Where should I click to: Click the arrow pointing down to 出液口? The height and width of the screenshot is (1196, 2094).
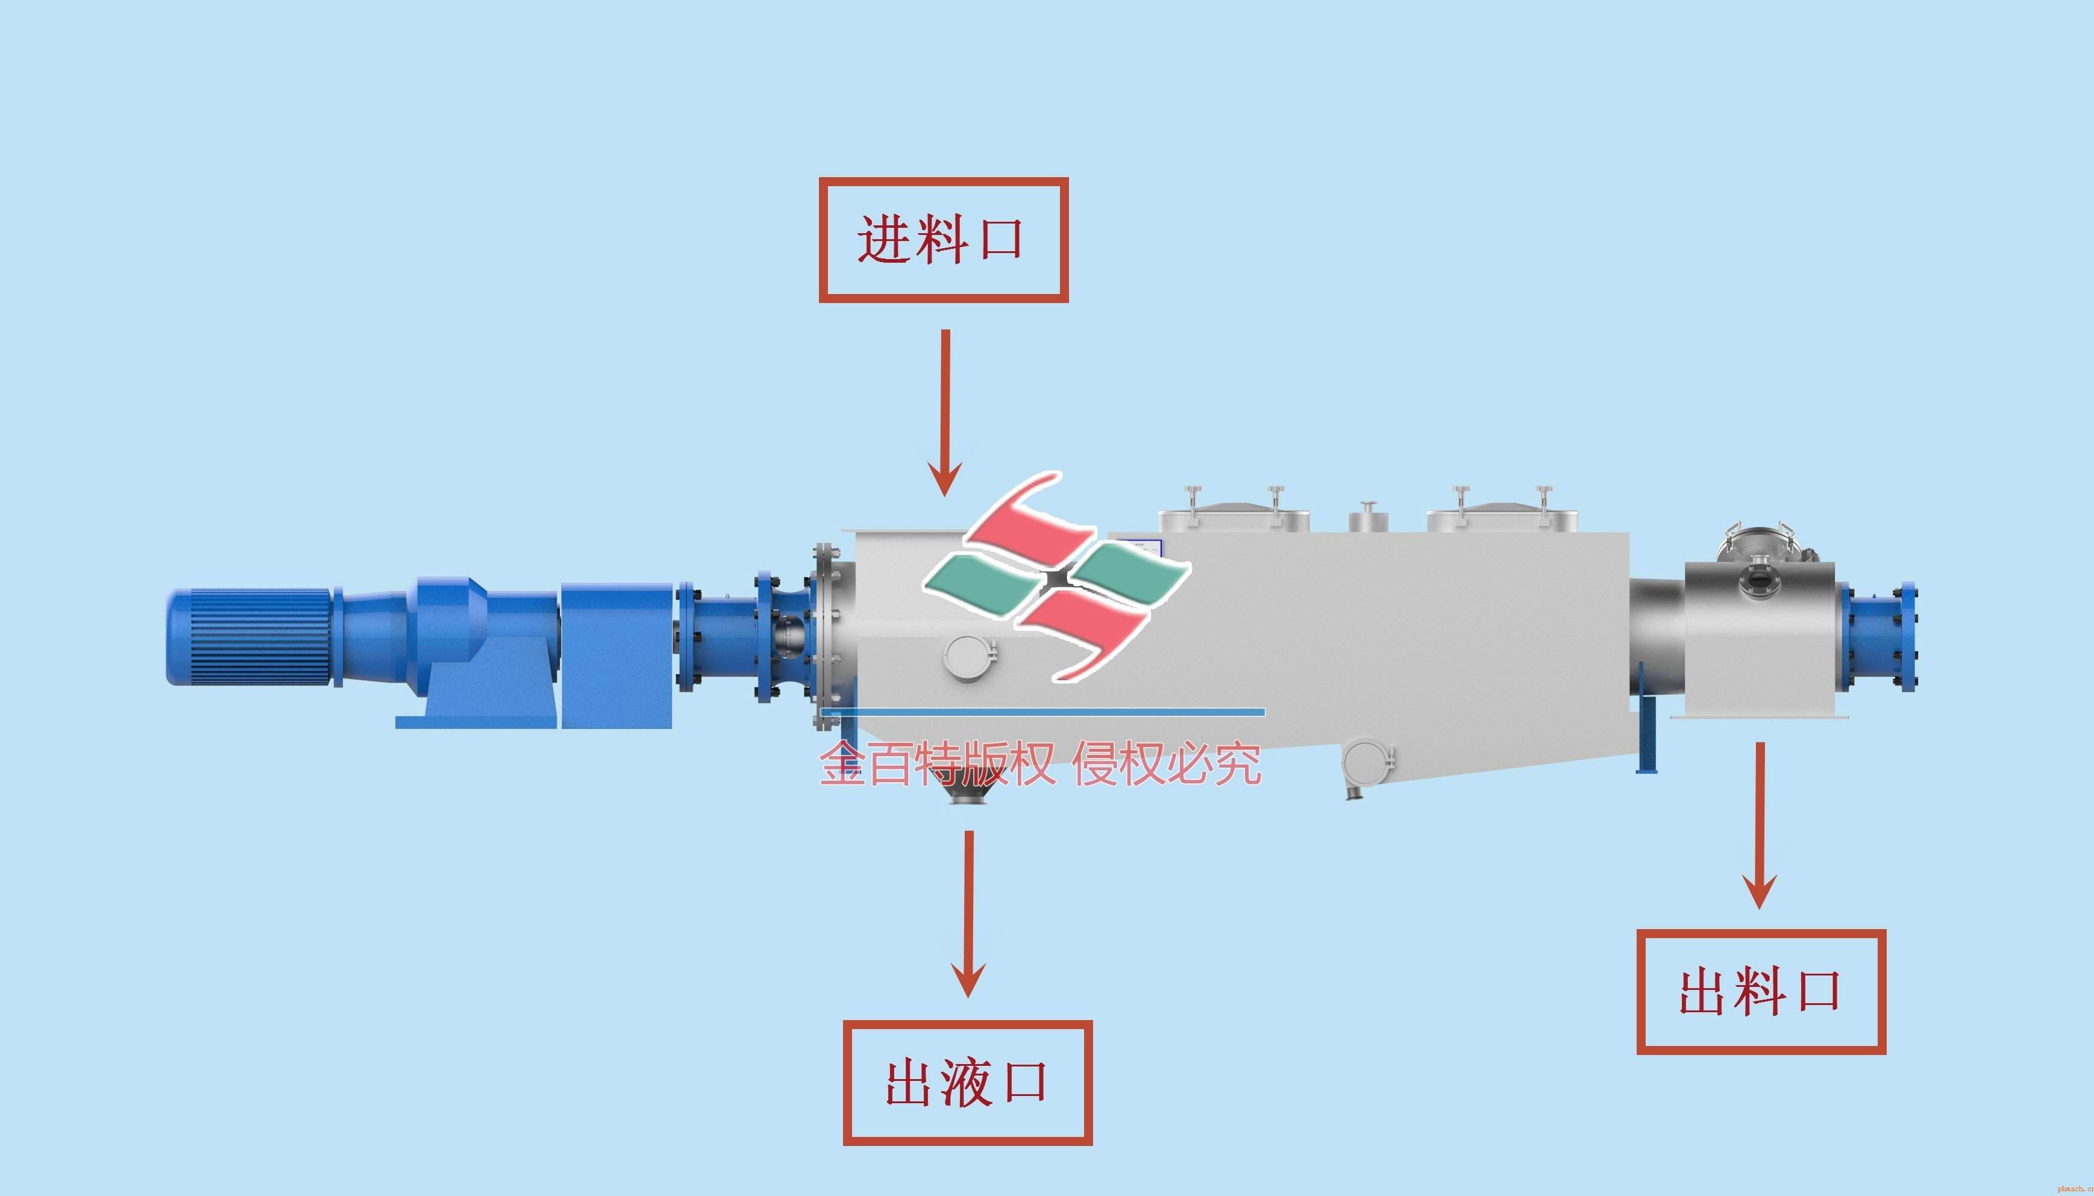pyautogui.click(x=968, y=913)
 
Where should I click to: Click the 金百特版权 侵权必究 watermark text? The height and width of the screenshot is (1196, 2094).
pyautogui.click(x=1040, y=763)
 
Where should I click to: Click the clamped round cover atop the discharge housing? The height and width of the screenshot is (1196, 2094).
pyautogui.click(x=1758, y=542)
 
